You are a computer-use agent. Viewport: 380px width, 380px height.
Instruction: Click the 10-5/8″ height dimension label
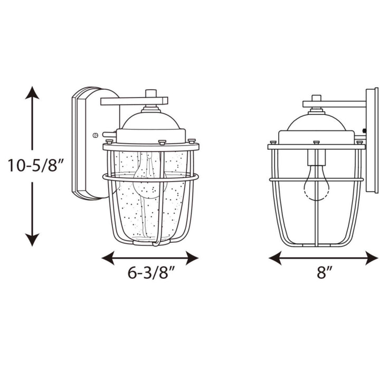click(x=36, y=166)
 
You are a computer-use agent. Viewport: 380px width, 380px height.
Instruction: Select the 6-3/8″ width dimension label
click(x=150, y=273)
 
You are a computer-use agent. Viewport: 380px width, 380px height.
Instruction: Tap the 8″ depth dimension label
click(x=324, y=273)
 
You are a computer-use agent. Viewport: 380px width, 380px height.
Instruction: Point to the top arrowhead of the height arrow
click(x=32, y=93)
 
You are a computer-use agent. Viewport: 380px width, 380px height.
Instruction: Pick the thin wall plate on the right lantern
click(x=372, y=140)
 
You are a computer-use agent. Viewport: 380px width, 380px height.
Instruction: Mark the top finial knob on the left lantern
click(x=151, y=93)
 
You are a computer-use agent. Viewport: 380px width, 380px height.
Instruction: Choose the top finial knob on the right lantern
click(x=316, y=98)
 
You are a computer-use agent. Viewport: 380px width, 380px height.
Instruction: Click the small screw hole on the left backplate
click(x=95, y=135)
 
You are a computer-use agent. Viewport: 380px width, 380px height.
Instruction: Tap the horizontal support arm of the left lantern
click(x=134, y=100)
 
